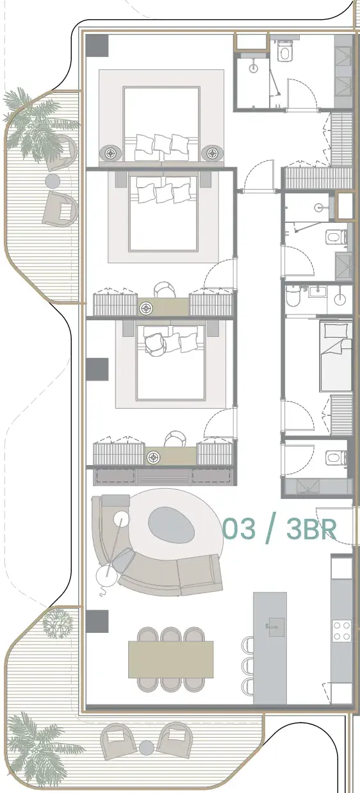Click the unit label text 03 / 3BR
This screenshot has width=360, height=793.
279,529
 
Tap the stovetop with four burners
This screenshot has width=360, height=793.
341,631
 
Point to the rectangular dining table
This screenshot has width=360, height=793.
171,658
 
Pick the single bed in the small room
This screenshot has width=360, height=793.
336,356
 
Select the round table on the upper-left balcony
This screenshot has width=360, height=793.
53,181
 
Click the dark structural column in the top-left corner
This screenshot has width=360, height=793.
97,45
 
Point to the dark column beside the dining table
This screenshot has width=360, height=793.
97,619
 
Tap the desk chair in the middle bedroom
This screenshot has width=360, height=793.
165,290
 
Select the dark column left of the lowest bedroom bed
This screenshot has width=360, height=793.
97,369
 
